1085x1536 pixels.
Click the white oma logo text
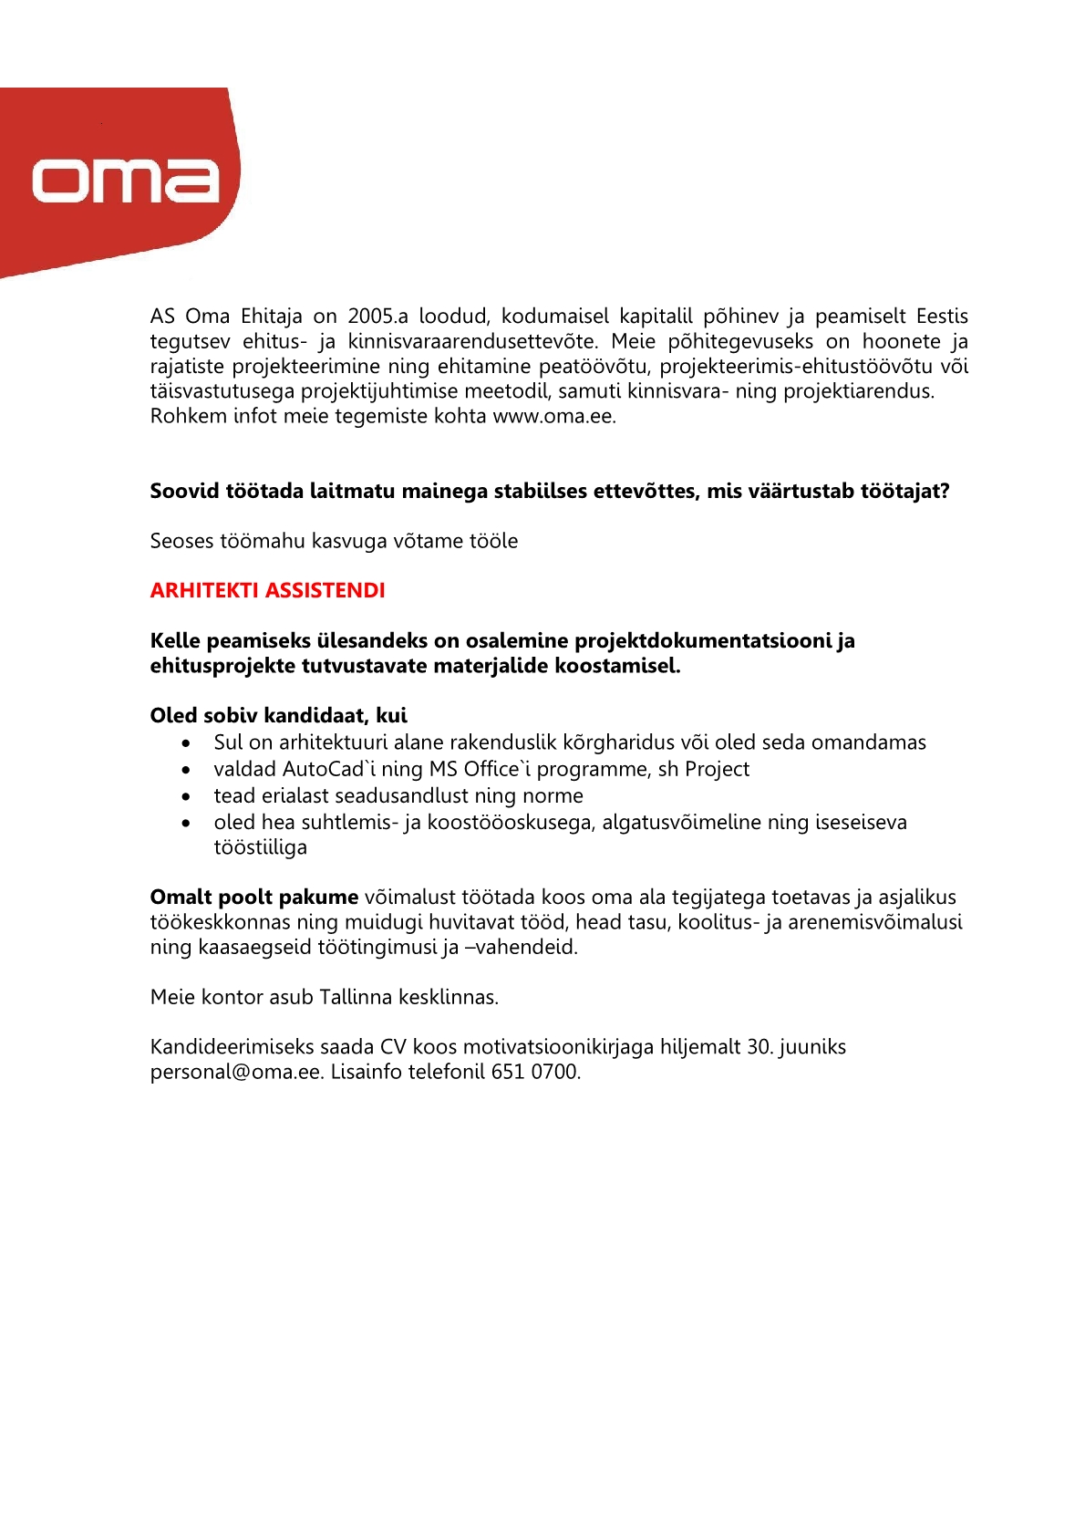pyautogui.click(x=126, y=181)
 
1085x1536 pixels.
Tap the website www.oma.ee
pyautogui.click(x=553, y=417)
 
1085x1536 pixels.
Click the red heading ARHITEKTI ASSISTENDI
pyautogui.click(x=267, y=591)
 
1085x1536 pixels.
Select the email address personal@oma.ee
pyautogui.click(x=236, y=1072)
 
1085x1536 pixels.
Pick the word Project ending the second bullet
pyautogui.click(x=717, y=770)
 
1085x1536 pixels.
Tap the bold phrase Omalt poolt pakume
pyautogui.click(x=254, y=898)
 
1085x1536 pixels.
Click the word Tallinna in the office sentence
pyautogui.click(x=356, y=998)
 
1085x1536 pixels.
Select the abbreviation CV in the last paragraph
pyautogui.click(x=393, y=1047)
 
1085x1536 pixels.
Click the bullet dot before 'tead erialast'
pyautogui.click(x=186, y=796)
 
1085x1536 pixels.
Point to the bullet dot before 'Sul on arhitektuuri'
pyautogui.click(x=186, y=743)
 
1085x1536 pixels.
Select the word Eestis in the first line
pyautogui.click(x=942, y=317)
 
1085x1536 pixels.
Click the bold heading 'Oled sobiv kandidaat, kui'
pyautogui.click(x=278, y=716)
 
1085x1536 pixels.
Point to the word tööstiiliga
pyautogui.click(x=260, y=848)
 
